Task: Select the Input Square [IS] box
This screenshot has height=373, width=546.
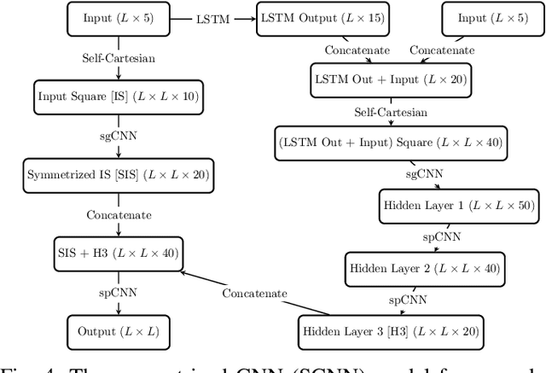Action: pyautogui.click(x=119, y=96)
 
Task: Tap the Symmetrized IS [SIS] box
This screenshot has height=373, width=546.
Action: pyautogui.click(x=118, y=175)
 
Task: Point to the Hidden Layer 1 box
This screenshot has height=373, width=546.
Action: pyautogui.click(x=450, y=206)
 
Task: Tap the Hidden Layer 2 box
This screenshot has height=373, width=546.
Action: pyautogui.click(x=424, y=268)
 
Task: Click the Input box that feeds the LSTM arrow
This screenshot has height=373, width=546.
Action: pyautogui.click(x=119, y=18)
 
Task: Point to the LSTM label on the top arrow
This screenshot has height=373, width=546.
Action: pyautogui.click(x=212, y=18)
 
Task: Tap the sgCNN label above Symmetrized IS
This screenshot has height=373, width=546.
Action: pyautogui.click(x=119, y=136)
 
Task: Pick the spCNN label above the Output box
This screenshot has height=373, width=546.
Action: pyautogui.click(x=119, y=291)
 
